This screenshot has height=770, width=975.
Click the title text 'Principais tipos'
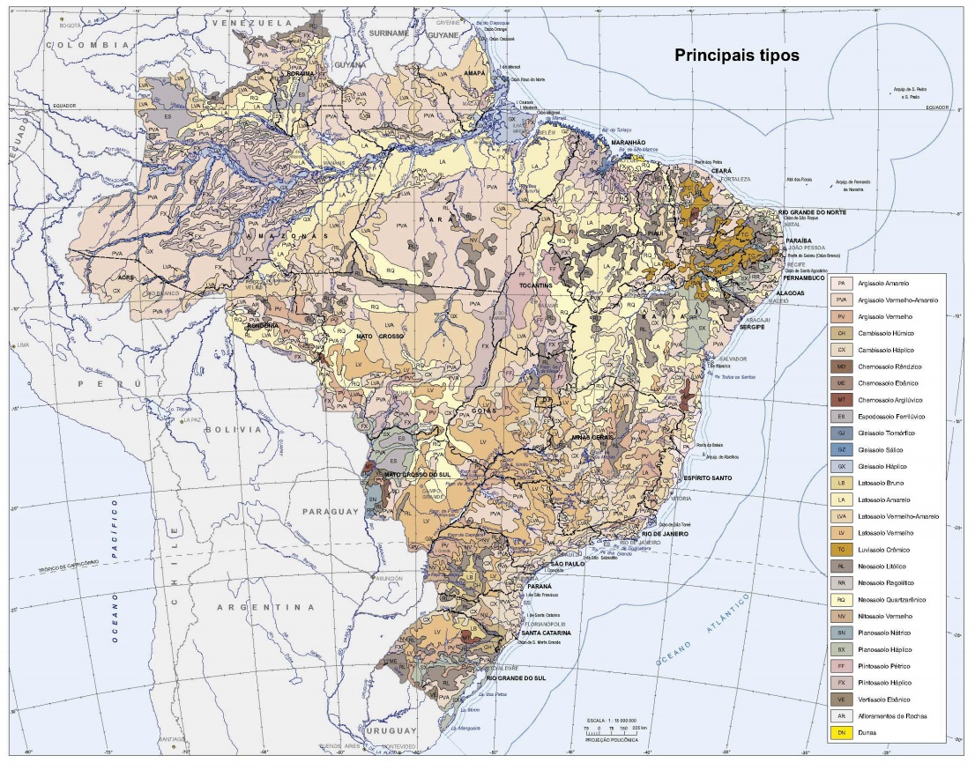(x=736, y=55)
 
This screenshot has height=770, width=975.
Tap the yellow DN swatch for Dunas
(x=842, y=732)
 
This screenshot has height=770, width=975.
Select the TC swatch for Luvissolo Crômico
(x=842, y=549)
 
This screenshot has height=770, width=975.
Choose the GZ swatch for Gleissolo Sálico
(x=842, y=449)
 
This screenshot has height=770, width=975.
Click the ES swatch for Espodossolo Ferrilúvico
(x=842, y=416)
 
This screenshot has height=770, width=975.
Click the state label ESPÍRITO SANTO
(x=714, y=477)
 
